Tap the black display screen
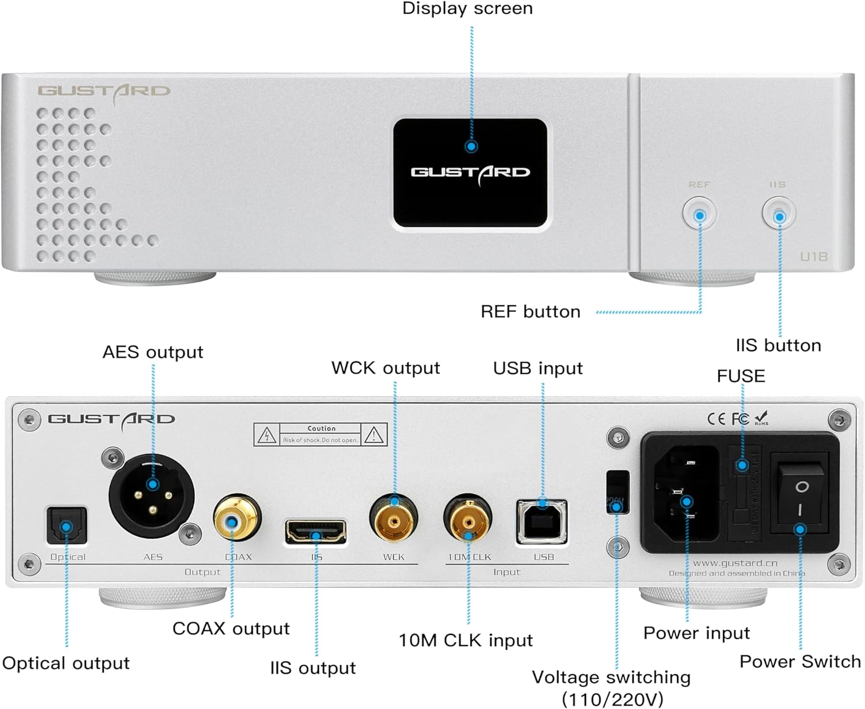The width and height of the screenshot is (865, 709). (470, 173)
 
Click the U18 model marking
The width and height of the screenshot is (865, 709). (814, 256)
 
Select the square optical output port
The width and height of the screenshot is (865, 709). (66, 526)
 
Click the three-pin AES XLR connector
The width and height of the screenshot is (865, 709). (152, 495)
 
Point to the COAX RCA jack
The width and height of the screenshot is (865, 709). (237, 519)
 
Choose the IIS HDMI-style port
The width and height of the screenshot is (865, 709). (316, 532)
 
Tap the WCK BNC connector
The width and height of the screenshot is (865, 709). (394, 518)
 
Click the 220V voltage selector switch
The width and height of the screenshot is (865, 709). (616, 492)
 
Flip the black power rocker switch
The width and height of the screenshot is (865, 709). (801, 498)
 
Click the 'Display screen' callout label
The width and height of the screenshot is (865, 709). (467, 9)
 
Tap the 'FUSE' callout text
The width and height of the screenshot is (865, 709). (740, 376)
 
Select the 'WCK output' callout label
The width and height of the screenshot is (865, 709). (385, 368)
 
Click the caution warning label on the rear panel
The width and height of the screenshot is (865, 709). (320, 434)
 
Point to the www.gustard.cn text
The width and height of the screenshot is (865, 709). (735, 563)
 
